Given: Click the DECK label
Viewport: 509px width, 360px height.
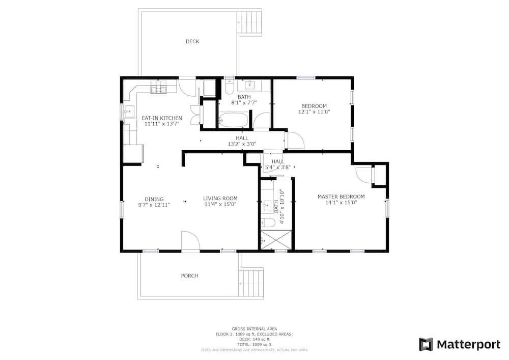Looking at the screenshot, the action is (192, 42).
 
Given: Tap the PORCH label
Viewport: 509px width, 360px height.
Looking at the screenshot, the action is (189, 276).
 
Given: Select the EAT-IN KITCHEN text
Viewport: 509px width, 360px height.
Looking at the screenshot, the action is (162, 118).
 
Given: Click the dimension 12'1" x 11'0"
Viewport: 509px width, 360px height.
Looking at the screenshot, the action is (314, 112).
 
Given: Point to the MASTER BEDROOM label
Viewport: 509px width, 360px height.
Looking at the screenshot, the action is (341, 197).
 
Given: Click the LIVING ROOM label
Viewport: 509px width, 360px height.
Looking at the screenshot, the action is (220, 199).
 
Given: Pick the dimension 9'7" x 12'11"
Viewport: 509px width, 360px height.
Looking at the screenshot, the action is (154, 205).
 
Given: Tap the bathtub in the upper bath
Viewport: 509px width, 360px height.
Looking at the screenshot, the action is (234, 120).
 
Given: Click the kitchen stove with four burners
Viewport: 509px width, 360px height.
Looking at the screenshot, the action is (159, 89).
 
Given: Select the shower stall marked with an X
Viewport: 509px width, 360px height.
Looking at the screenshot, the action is (276, 240).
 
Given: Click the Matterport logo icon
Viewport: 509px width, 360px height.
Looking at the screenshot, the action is (426, 344).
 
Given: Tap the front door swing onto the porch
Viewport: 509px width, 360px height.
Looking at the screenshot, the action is (190, 240).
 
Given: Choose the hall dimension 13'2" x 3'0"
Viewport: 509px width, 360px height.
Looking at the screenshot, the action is (242, 144).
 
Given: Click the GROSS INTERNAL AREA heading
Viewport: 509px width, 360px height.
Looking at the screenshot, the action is (254, 329).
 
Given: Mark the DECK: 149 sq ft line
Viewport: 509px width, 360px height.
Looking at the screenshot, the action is (254, 340).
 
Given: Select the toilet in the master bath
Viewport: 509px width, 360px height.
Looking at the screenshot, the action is (268, 222).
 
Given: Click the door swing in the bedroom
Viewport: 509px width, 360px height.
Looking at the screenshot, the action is (295, 140).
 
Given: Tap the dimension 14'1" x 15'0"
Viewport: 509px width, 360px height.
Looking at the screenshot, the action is (341, 203).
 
